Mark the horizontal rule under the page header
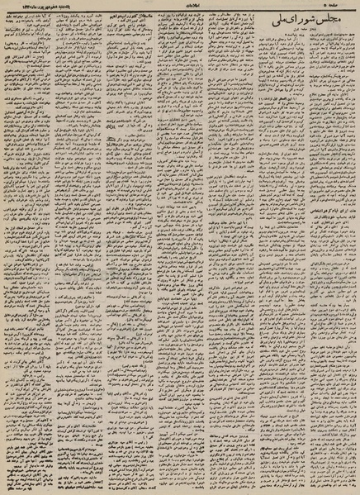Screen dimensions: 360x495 [x=180, y=11]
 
